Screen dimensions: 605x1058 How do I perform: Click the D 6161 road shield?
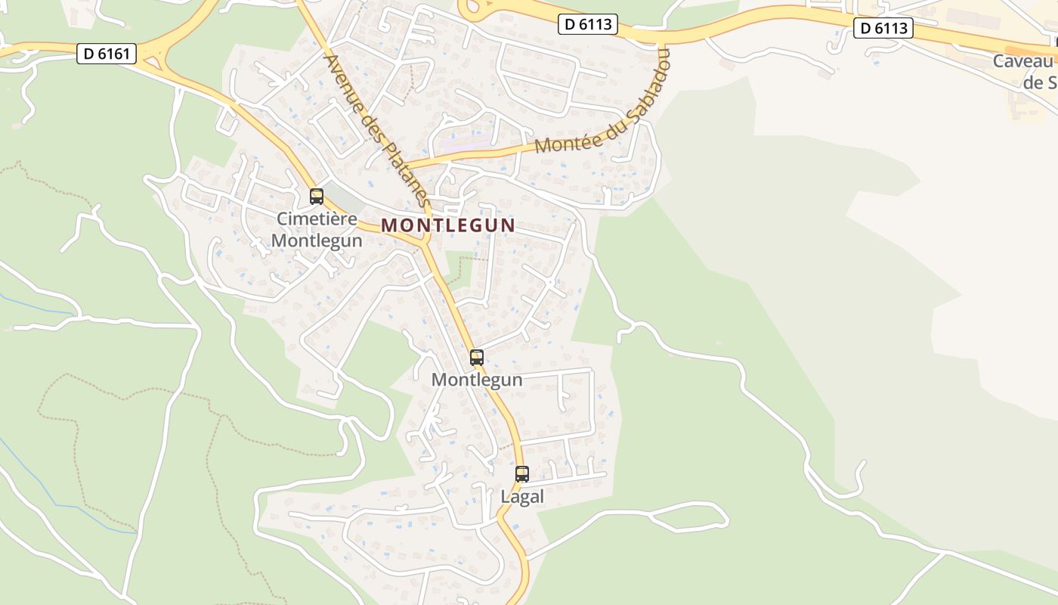pos(107,54)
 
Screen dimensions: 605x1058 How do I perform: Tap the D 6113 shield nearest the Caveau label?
pos(883,29)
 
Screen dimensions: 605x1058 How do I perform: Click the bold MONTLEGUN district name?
pos(448,225)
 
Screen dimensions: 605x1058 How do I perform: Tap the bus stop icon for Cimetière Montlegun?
pos(317,197)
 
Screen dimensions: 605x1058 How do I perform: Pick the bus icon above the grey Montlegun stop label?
pos(477,358)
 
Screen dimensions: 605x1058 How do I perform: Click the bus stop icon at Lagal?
pos(522,474)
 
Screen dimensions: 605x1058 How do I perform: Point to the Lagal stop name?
pos(522,497)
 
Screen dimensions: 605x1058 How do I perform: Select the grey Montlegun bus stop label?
pos(477,380)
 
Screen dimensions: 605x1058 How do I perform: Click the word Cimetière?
pos(317,219)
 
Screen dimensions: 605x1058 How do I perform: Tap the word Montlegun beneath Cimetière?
pos(317,240)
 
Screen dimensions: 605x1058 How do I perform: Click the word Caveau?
pos(1022,61)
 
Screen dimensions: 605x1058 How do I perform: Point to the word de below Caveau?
pos(1033,82)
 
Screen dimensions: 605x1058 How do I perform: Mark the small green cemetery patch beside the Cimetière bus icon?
pos(345,198)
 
